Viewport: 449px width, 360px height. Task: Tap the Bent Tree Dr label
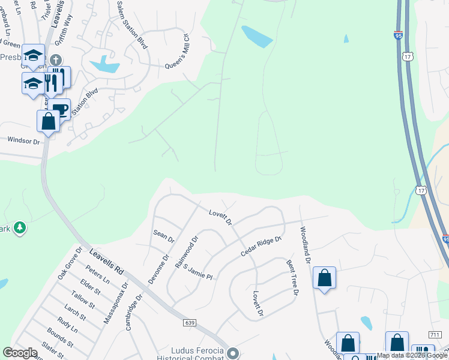pos(292,278)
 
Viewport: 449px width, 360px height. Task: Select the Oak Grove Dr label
pos(69,263)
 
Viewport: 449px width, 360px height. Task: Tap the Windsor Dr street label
pos(23,141)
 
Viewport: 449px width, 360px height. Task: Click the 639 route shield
pos(190,323)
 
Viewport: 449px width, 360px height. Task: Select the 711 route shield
pos(435,334)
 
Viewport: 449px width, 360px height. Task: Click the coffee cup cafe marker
pos(60,109)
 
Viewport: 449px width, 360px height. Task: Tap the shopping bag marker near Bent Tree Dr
pos(324,278)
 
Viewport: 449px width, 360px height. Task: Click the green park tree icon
pos(20,227)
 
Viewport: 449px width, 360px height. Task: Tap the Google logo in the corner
pos(20,353)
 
